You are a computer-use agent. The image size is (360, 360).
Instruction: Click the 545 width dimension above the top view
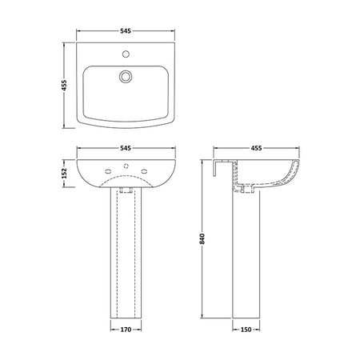point(126,31)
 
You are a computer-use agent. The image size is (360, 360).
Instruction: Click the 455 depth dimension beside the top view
point(65,85)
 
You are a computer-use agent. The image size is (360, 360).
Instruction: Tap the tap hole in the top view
point(126,54)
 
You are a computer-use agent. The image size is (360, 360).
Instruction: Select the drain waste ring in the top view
point(126,76)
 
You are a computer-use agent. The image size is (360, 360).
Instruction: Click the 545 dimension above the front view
point(126,148)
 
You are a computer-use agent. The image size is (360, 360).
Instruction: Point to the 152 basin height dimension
point(65,174)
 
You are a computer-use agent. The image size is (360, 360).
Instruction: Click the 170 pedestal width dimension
point(126,330)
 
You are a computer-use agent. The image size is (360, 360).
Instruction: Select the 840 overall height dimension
point(202,239)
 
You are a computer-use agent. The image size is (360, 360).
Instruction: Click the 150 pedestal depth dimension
point(246,330)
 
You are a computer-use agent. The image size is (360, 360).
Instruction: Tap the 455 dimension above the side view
point(256,148)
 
